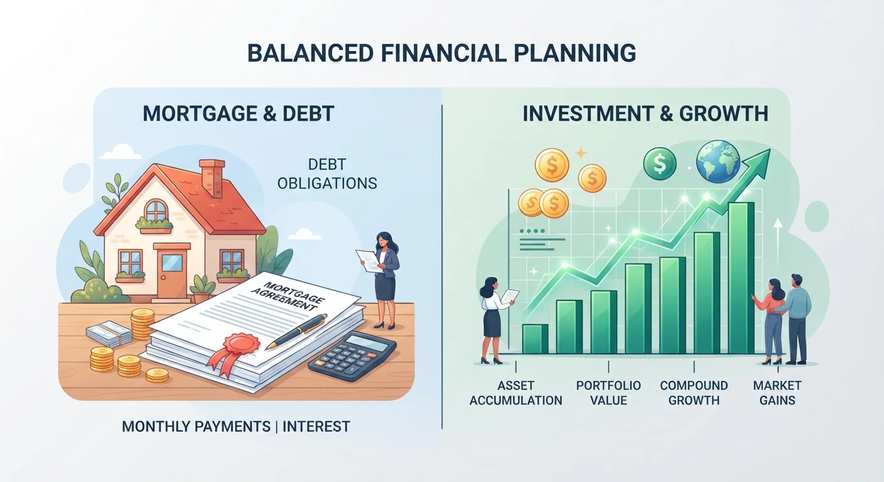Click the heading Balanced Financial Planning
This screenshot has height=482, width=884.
[x=441, y=53]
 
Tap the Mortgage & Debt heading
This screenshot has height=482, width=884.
[x=239, y=114]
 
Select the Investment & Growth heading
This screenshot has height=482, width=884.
[x=645, y=114]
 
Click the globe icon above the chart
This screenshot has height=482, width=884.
[x=718, y=162]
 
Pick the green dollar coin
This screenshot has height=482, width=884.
[x=659, y=164]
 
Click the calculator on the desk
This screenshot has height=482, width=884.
[x=352, y=355]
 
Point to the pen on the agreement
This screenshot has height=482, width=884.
[x=296, y=331]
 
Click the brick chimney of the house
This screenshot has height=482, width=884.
[x=212, y=177]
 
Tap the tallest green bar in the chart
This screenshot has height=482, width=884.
[x=741, y=277]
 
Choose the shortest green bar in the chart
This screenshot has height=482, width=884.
[x=535, y=338]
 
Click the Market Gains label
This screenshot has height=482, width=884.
[x=777, y=393]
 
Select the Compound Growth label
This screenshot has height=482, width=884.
[x=694, y=393]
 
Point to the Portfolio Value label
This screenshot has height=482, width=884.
[x=608, y=393]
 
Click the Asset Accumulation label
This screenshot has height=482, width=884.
[x=516, y=393]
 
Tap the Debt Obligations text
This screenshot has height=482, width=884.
[x=327, y=174]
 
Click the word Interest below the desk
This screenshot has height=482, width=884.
[x=316, y=426]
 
